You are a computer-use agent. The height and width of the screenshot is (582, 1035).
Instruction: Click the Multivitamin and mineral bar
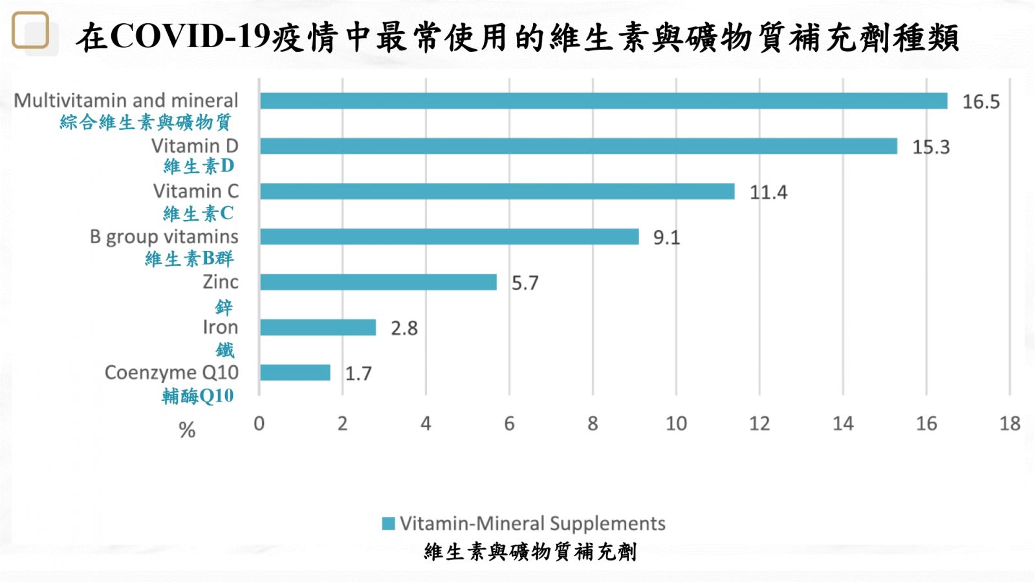603,101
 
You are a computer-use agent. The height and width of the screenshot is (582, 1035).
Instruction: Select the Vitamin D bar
578,146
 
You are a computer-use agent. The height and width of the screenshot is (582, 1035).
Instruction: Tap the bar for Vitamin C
497,191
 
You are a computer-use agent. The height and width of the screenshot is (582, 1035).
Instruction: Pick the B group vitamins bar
449,237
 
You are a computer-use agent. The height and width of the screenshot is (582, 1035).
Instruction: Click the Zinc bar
378,282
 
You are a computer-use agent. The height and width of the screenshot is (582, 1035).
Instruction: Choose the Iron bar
318,327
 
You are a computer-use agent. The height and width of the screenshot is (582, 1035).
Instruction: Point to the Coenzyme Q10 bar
294,372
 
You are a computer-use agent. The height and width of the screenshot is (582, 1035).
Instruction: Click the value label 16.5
981,102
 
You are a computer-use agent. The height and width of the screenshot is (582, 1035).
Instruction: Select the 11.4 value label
768,193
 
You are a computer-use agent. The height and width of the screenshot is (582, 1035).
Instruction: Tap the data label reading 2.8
404,329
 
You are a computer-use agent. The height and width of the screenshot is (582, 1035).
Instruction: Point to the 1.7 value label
358,374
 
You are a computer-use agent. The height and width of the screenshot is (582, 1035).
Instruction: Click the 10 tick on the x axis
676,424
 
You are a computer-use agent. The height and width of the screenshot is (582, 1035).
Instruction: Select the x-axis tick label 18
1009,424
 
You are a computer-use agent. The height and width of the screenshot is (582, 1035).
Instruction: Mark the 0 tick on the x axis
259,424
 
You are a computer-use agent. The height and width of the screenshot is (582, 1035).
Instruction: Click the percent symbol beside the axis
187,430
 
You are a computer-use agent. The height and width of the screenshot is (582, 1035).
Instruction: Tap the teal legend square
388,524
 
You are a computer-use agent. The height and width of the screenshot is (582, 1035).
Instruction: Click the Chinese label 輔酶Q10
197,396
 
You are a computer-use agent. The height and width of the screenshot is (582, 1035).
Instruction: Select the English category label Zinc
220,282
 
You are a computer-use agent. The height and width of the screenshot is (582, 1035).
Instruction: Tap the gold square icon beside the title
30,30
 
